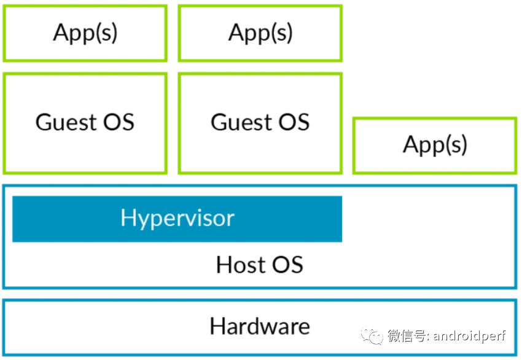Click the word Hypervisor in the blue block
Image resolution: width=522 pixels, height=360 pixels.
177,218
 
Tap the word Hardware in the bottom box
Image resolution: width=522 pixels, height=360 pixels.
259,326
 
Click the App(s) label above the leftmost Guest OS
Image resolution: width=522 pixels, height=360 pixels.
85,33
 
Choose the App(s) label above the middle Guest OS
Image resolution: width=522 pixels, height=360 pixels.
260,33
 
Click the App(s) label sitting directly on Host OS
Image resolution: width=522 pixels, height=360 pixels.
435,145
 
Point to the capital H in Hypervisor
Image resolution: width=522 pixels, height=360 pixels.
128,217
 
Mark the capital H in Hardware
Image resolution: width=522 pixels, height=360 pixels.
217,326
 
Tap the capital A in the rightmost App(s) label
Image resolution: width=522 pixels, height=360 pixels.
411,144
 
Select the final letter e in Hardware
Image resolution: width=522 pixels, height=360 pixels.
303,327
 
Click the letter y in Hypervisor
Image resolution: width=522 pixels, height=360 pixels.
142,221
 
